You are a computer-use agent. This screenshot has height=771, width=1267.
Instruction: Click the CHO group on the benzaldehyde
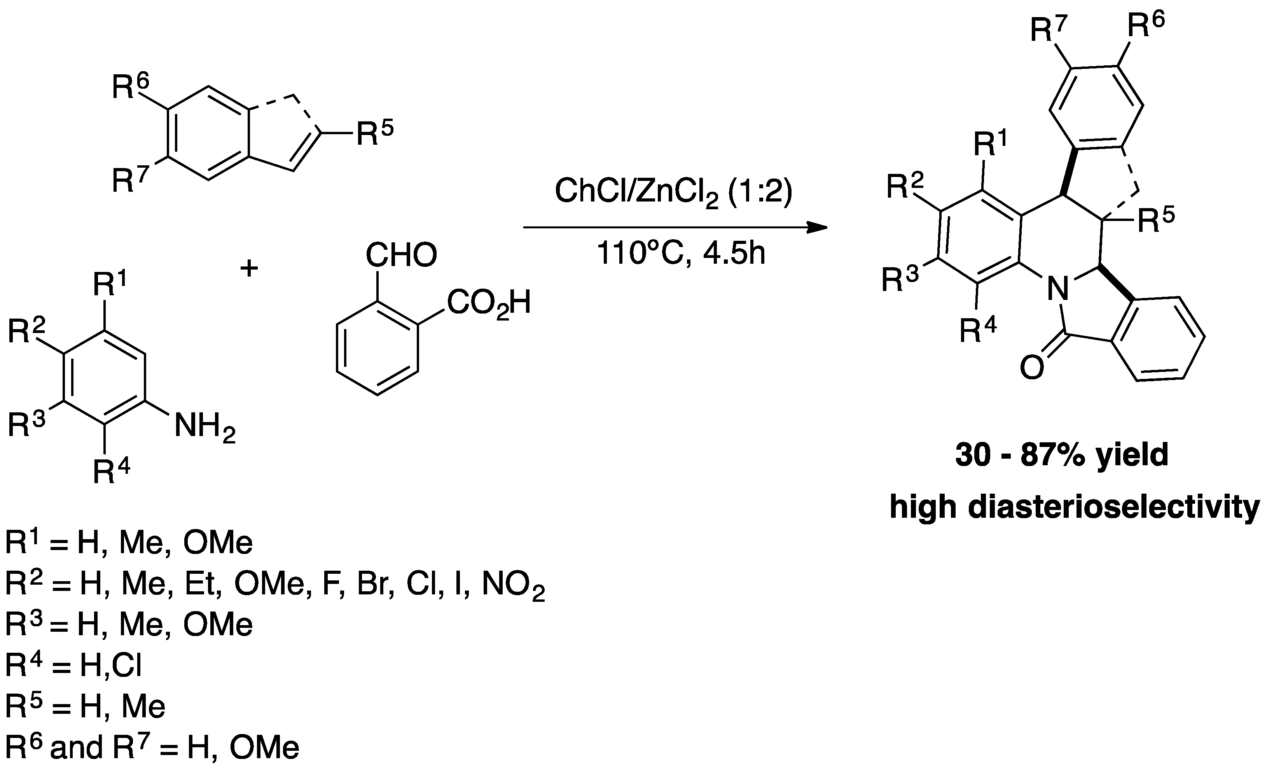click(x=401, y=255)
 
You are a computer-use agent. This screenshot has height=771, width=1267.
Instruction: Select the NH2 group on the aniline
click(x=204, y=428)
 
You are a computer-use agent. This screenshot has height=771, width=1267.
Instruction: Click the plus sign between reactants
click(x=249, y=268)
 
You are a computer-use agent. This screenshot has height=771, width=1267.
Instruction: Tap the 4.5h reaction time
click(x=734, y=254)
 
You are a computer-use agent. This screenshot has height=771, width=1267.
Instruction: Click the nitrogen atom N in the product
click(x=1057, y=289)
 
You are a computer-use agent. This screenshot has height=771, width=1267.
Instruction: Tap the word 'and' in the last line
click(x=77, y=747)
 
